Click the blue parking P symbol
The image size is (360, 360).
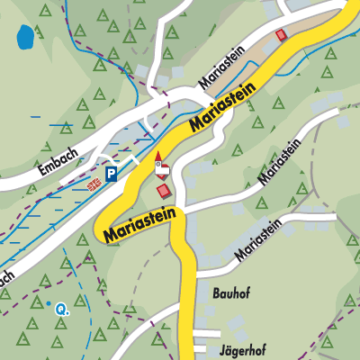coord(111,175)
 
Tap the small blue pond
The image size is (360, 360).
coord(25,38)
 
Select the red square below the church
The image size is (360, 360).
coord(163,191)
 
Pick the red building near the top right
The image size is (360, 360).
coord(282,34)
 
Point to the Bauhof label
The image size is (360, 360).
coord(229,293)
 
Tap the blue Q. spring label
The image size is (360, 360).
coord(62,309)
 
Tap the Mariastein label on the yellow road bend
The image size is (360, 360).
coord(141,226)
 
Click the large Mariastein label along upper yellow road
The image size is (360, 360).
coord(222,107)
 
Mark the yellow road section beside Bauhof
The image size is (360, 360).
coord(188,293)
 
